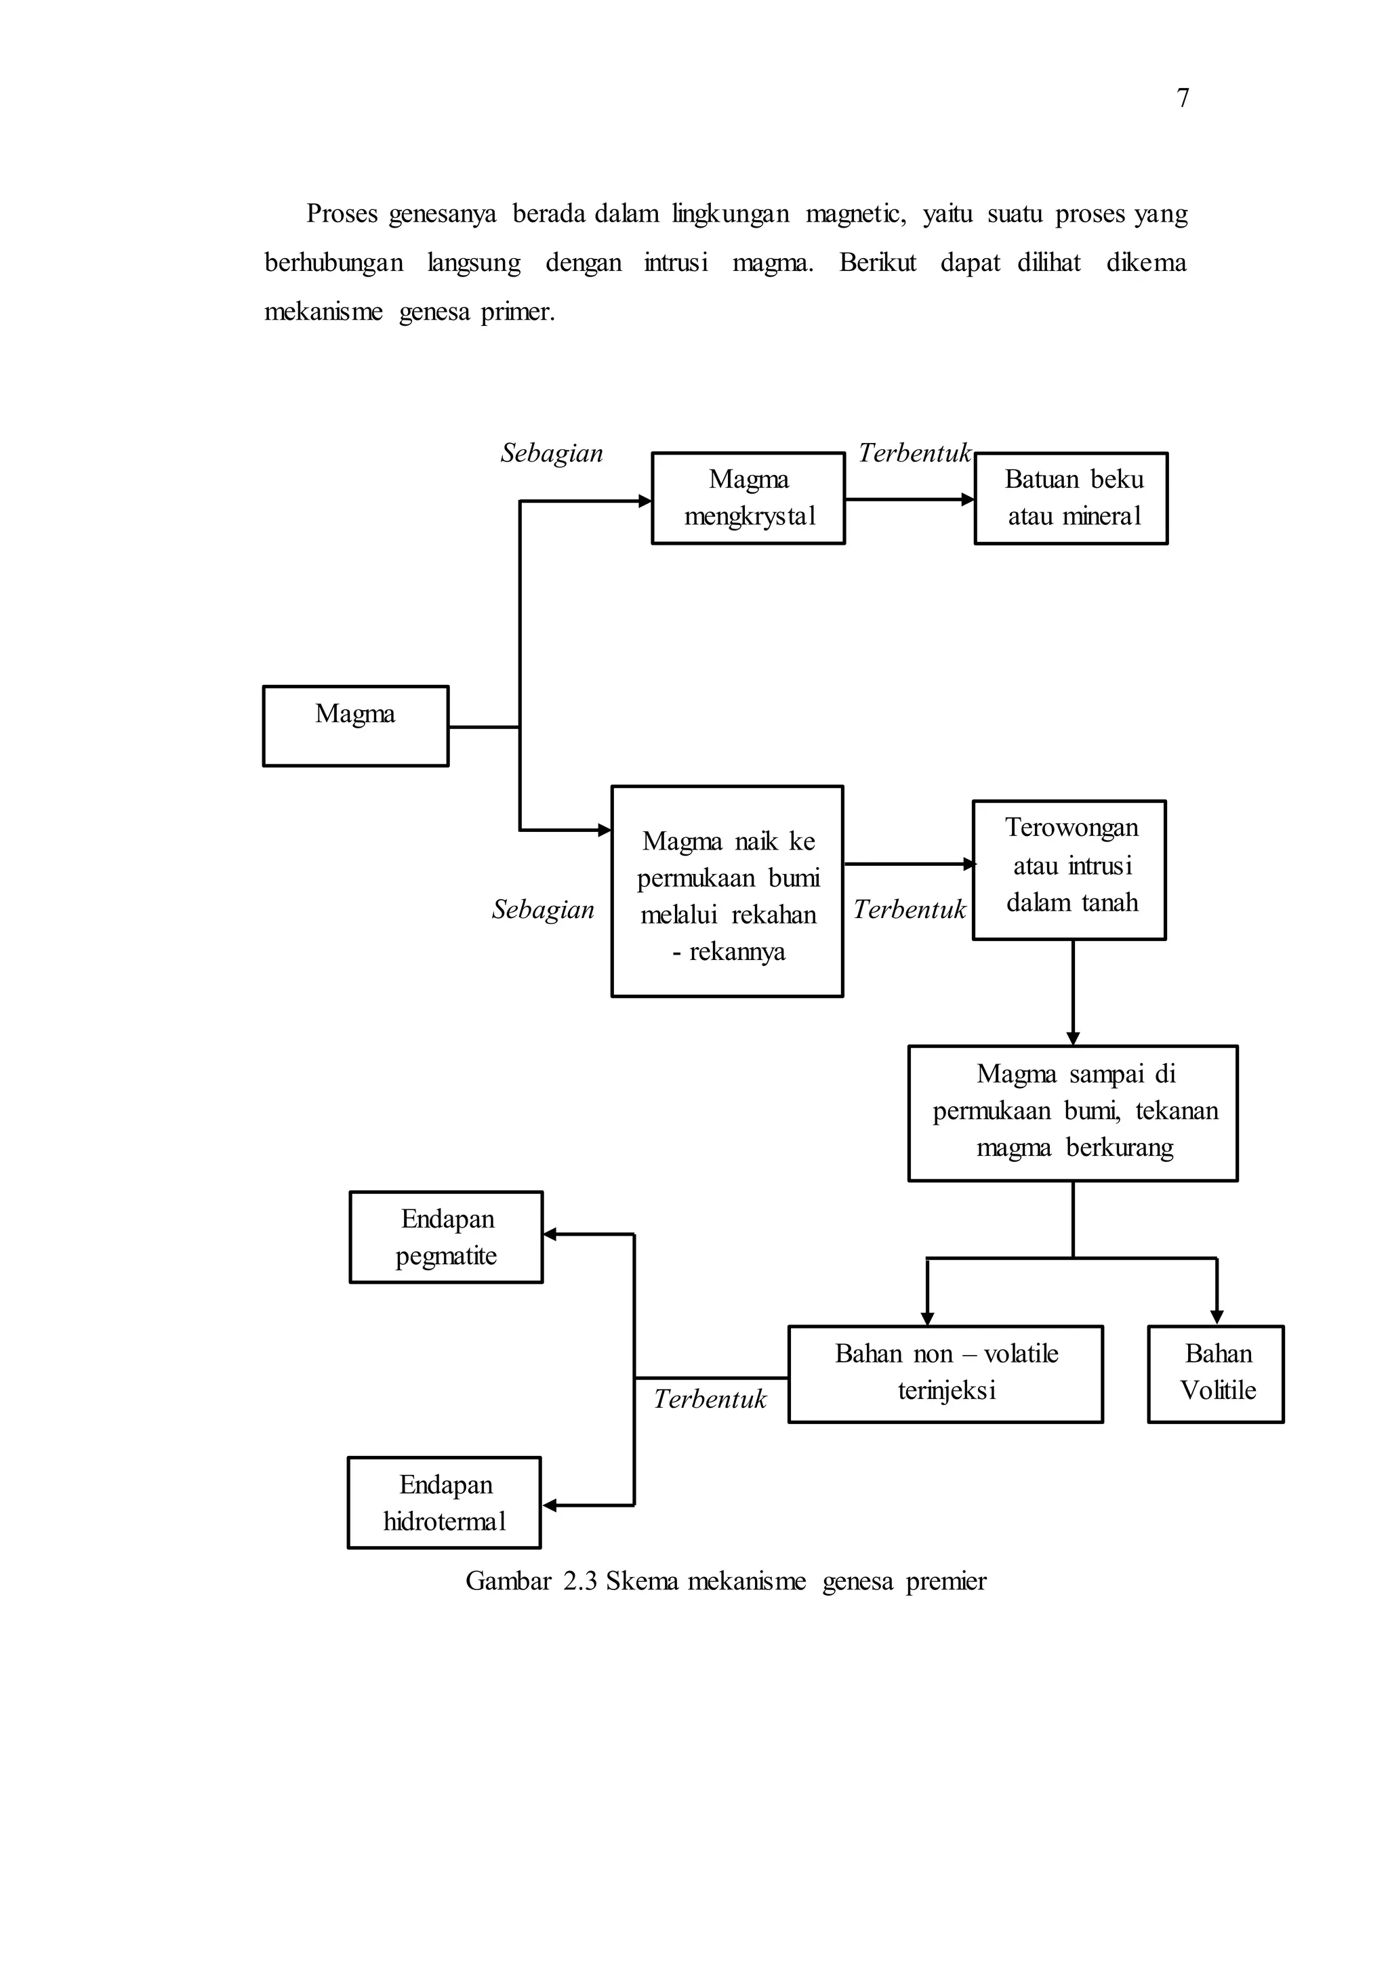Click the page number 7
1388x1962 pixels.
pyautogui.click(x=1182, y=98)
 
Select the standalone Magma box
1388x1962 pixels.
pyautogui.click(x=356, y=726)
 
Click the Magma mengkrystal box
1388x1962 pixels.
pyautogui.click(x=748, y=498)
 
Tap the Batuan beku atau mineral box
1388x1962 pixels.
pyautogui.click(x=1071, y=498)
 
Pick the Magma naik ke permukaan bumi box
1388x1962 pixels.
pyautogui.click(x=727, y=892)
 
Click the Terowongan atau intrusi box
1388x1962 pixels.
pyautogui.click(x=1069, y=870)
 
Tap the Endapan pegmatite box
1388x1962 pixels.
pyautogui.click(x=446, y=1236)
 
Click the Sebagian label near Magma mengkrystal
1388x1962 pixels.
pyautogui.click(x=551, y=453)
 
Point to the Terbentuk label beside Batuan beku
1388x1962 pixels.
pyautogui.click(x=914, y=453)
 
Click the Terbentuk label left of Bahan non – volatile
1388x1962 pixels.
pyautogui.click(x=710, y=1399)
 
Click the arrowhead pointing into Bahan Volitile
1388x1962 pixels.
pyautogui.click(x=1217, y=1318)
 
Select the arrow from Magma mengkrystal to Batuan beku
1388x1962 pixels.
pyautogui.click(x=910, y=499)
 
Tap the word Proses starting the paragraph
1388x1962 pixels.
pyautogui.click(x=341, y=213)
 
